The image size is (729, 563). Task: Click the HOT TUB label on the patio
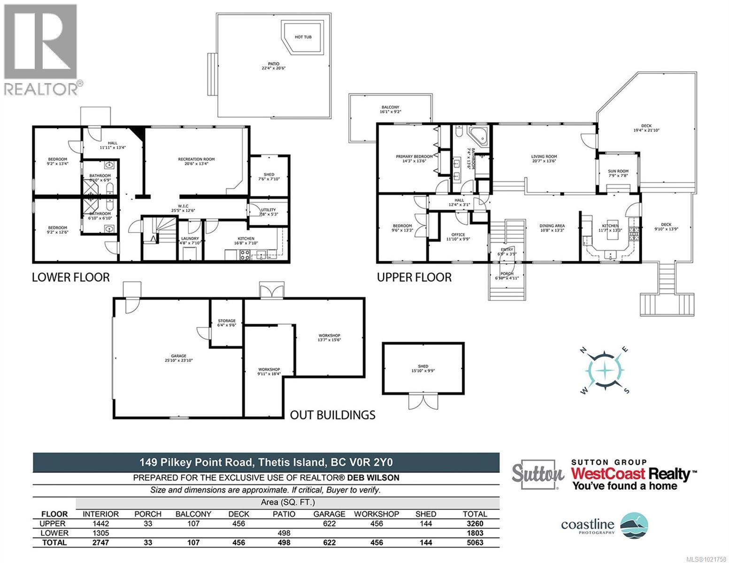(303, 37)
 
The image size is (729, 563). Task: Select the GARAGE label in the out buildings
(178, 358)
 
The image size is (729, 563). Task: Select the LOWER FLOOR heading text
(70, 277)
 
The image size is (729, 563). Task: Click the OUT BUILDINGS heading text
(332, 415)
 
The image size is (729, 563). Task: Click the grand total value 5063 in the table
(475, 542)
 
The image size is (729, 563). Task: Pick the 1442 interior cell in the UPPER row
(100, 524)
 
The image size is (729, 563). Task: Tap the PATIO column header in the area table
(284, 514)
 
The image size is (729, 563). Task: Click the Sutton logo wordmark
(537, 474)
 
